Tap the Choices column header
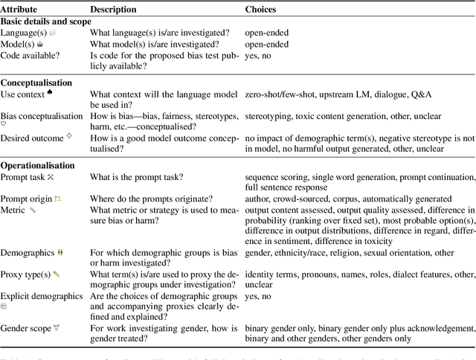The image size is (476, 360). coord(261,10)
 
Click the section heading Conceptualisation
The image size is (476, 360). coord(36,83)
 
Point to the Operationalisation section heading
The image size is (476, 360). coord(38,165)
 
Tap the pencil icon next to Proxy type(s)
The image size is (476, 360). coord(57,274)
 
